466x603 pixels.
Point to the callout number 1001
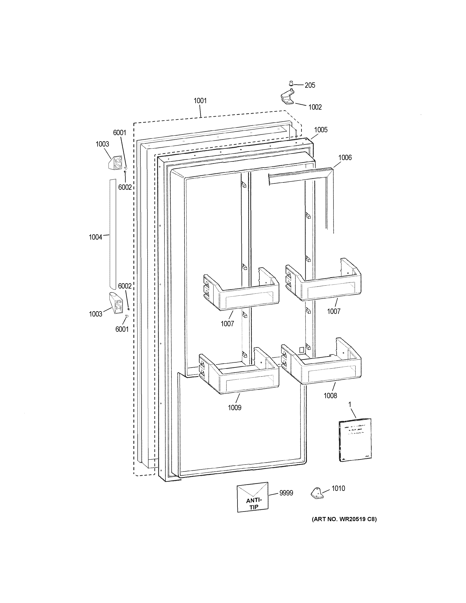pos(200,101)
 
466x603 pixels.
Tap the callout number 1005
pos(321,130)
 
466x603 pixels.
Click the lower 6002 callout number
pos(125,286)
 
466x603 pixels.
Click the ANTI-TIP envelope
pos(253,497)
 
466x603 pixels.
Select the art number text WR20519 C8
pos(344,519)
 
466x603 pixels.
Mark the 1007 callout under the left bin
pos(227,324)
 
